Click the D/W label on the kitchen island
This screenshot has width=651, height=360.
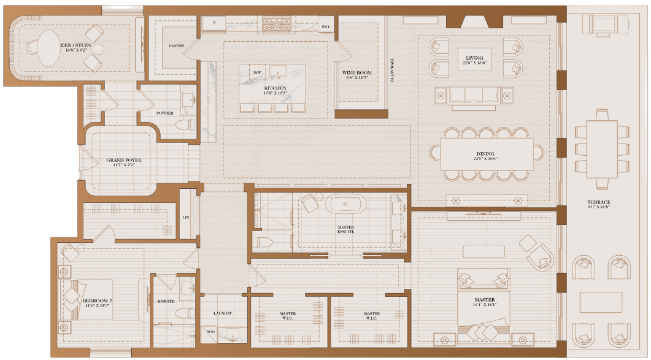pos(257,72)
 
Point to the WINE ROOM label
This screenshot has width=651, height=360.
pos(357,72)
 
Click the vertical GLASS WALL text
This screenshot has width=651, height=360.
pos(391,71)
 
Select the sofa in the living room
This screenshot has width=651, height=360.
pos(473,96)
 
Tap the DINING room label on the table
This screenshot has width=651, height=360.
pos(484,154)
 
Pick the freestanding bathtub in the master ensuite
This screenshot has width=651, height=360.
pos(345,204)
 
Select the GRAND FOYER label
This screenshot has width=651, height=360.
pos(123,160)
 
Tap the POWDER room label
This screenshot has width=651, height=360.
pos(164,113)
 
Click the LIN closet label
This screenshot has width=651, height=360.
pos(186,217)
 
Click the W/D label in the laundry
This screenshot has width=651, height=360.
pos(211,332)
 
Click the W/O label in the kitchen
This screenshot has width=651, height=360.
pos(325,26)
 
